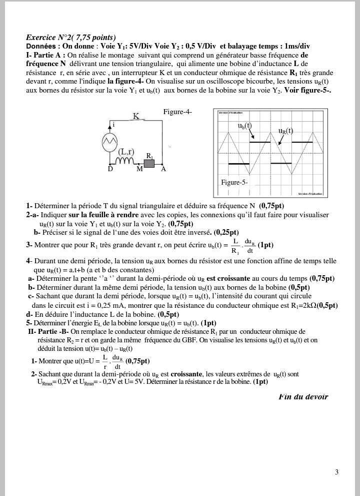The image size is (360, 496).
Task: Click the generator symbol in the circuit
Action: click(109, 143)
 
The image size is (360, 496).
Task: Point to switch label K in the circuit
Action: click(135, 116)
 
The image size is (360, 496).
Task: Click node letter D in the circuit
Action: click(110, 169)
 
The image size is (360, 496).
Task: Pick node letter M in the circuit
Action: click(140, 169)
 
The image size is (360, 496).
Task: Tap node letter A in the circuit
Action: click(163, 169)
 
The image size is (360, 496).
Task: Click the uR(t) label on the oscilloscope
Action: click(285, 131)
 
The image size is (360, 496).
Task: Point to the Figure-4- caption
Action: click(177, 112)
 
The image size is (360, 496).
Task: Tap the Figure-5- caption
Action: click(234, 182)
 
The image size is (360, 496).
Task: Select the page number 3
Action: click(336, 472)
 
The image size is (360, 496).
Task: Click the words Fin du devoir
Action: click(303, 397)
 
